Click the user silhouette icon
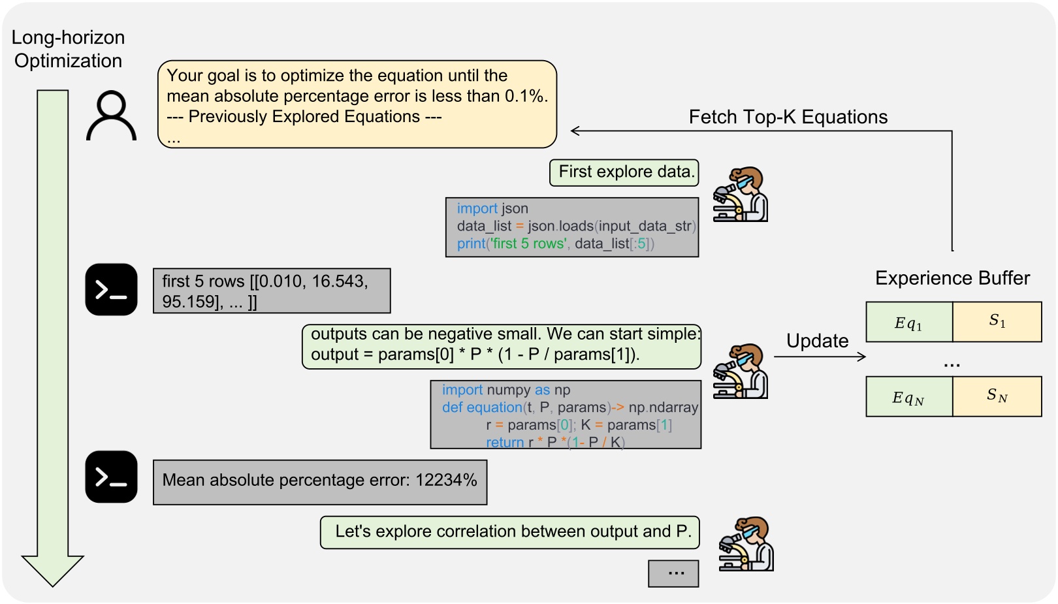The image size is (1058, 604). pos(112,116)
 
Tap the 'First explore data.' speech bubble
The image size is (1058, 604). pos(624,172)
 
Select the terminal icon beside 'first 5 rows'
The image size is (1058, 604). pos(111,289)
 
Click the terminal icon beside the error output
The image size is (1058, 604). pos(111,477)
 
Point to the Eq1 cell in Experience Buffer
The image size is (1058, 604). pos(908,322)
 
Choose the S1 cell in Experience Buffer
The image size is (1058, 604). pos(997,321)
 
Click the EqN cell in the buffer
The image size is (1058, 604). pos(908,396)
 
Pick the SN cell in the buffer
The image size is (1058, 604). pos(997,396)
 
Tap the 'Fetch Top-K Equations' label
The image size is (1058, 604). pos(788,117)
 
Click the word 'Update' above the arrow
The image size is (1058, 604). pos(817,341)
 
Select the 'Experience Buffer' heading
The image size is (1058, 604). pos(952,278)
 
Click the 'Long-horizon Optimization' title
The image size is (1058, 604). pos(68,49)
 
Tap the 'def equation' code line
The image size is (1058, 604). pos(482,407)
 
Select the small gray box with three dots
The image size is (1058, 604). pos(673,573)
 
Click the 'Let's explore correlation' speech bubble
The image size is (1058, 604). pos(509,532)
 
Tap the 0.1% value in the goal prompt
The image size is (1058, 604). pos(526,96)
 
